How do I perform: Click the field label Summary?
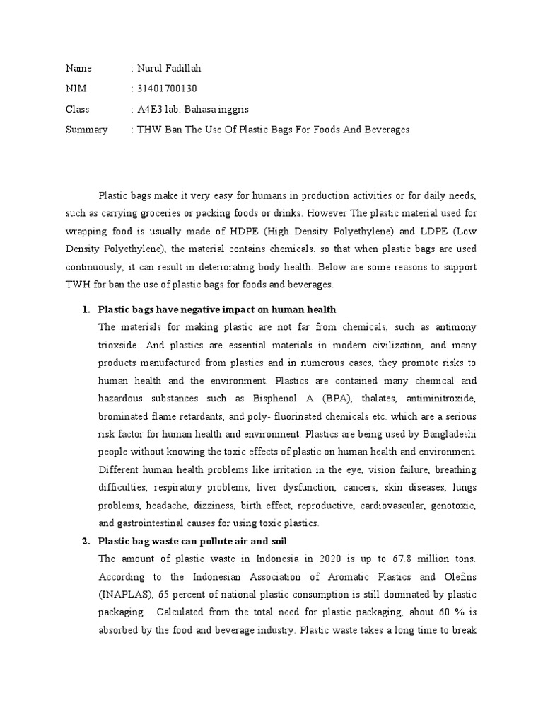tap(86, 130)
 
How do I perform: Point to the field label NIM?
tap(75, 89)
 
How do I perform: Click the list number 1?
tap(85, 309)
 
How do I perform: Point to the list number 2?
tap(85, 542)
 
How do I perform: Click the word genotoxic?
tap(455, 506)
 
